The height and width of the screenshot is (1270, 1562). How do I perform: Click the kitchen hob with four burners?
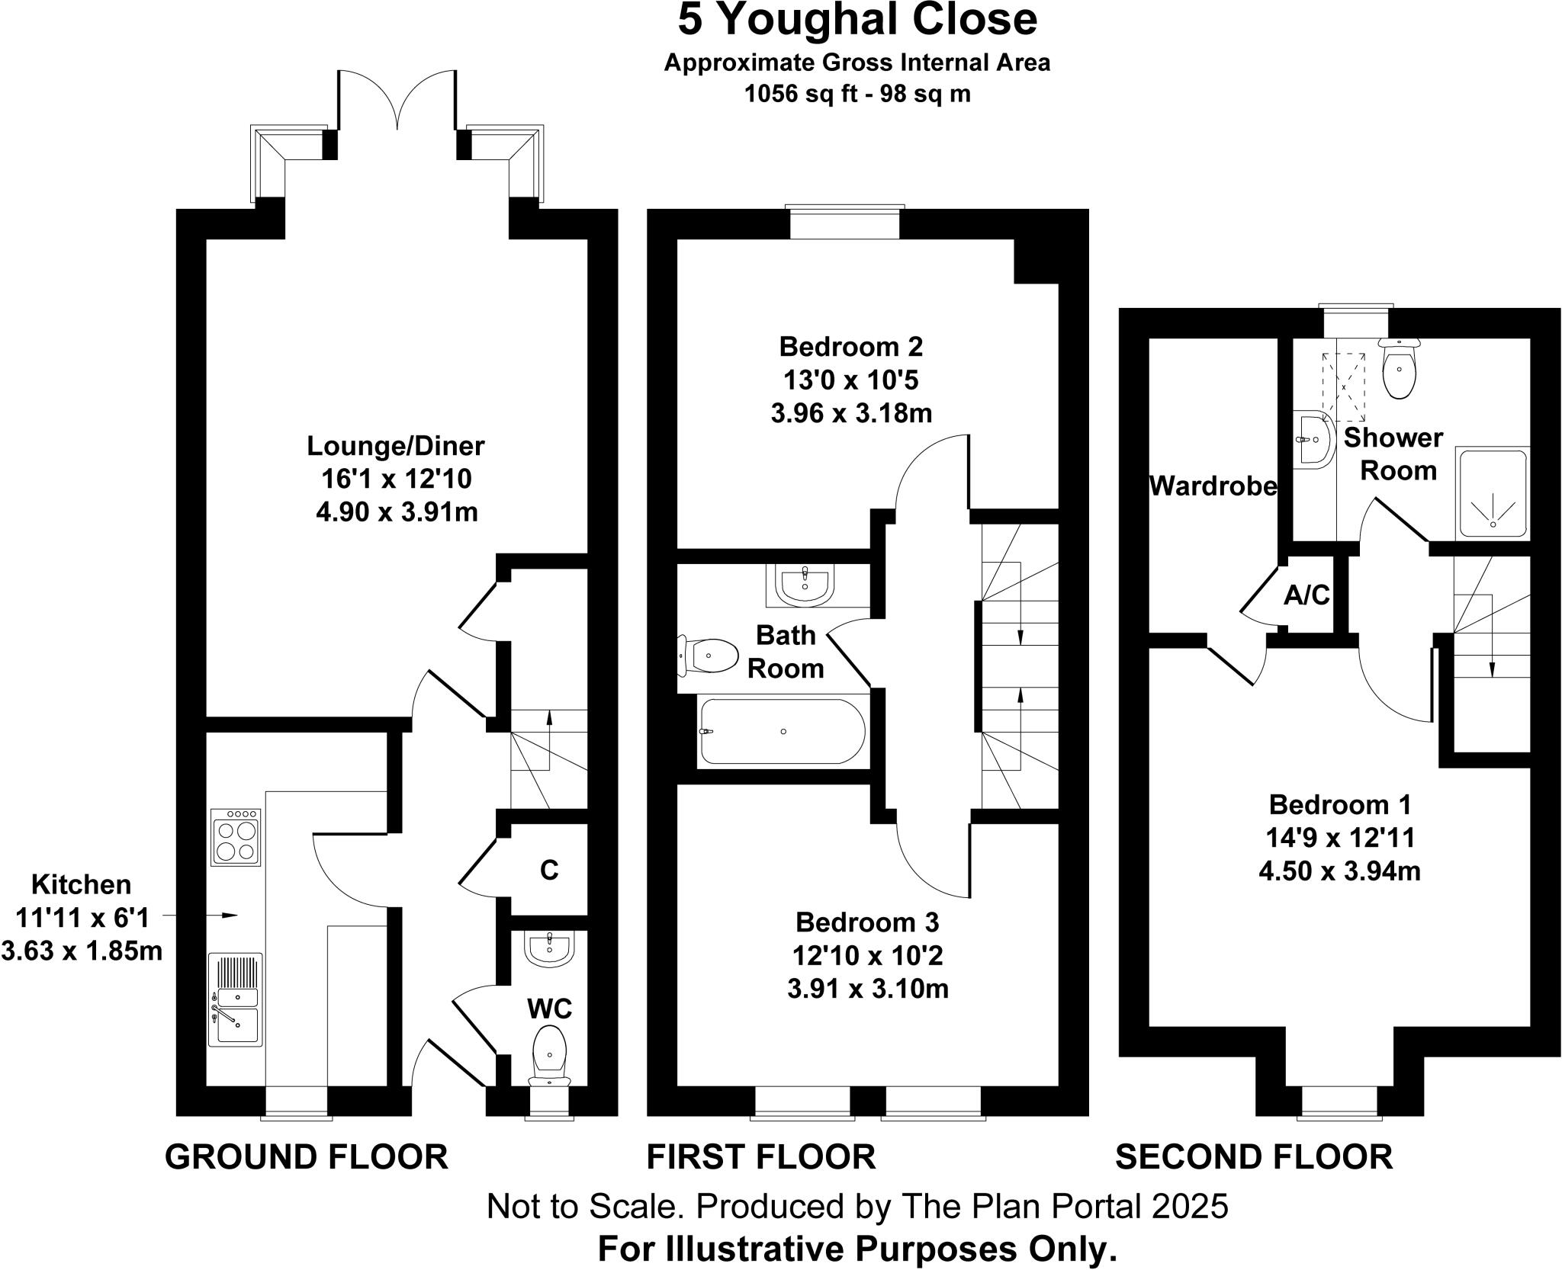[x=236, y=835]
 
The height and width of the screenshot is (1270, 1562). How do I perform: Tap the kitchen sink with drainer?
[x=236, y=999]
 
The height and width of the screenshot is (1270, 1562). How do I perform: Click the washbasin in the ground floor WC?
[x=548, y=950]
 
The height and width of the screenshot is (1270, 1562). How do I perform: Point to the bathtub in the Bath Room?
[x=783, y=731]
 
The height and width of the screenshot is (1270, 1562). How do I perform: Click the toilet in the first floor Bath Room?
[x=709, y=656]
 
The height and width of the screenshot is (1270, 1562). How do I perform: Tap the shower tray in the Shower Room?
[x=1493, y=493]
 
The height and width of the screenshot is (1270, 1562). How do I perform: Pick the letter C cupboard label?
[x=549, y=871]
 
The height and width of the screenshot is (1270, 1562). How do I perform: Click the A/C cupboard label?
[x=1306, y=595]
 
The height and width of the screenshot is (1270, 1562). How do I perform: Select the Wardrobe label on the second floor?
[x=1213, y=486]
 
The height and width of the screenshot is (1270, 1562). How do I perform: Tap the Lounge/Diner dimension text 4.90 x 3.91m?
[x=397, y=512]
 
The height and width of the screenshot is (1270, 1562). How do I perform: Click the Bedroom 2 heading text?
[x=850, y=347]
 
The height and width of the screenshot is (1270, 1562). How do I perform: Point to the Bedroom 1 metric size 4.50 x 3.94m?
[x=1339, y=871]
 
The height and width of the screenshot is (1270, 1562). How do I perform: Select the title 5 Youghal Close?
[x=857, y=20]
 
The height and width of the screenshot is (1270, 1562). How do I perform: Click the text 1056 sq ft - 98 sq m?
[x=857, y=94]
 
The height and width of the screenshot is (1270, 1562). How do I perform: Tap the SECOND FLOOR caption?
[x=1254, y=1156]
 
